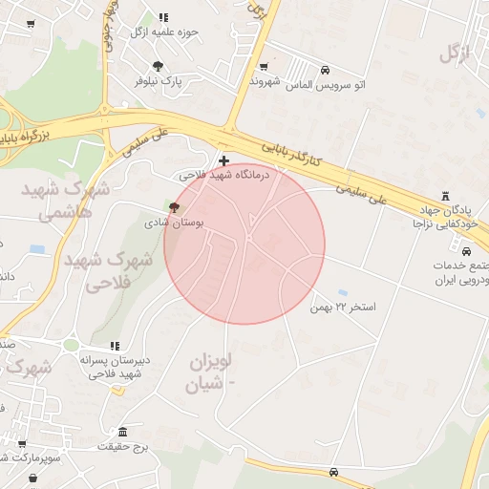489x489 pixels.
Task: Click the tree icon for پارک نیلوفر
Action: point(158,66)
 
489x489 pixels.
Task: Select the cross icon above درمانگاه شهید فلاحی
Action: point(224,160)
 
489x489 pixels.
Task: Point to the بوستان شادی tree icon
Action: point(173,206)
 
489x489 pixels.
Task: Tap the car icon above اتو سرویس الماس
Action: point(326,70)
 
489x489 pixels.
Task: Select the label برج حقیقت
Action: point(127,446)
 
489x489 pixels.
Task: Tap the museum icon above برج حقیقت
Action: point(122,432)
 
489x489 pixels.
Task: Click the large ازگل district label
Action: point(457,53)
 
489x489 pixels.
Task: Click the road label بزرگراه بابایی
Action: point(34,141)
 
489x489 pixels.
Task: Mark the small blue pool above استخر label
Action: point(343,292)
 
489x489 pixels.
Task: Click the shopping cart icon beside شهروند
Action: point(263,67)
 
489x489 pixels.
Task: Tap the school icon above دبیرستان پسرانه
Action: point(115,346)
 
